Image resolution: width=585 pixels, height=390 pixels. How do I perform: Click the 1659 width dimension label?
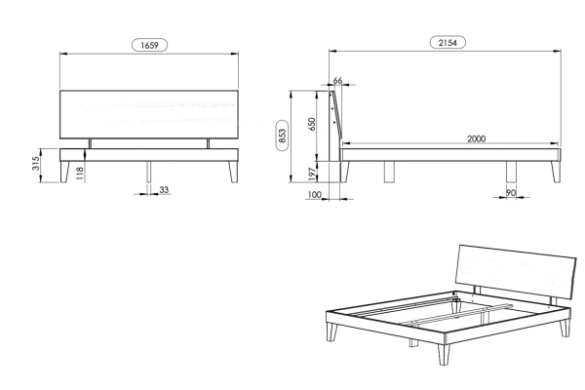tap(149, 45)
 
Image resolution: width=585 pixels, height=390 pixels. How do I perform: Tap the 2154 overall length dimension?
tap(448, 43)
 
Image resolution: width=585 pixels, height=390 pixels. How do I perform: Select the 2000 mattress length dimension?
tap(477, 138)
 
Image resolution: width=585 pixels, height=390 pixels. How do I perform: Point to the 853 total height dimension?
tap(282, 136)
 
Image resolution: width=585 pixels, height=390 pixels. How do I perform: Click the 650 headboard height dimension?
tap(312, 124)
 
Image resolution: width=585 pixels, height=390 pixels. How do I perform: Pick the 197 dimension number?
tap(312, 175)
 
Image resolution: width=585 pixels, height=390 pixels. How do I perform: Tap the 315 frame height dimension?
tap(35, 164)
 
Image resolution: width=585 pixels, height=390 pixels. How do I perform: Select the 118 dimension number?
tap(80, 174)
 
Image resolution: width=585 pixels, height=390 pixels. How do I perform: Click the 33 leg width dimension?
tap(164, 189)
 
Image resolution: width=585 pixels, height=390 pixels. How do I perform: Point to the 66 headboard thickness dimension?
tap(337, 80)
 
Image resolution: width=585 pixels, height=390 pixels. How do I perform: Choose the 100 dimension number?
tap(315, 194)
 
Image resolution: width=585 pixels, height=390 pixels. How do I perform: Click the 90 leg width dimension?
tap(511, 193)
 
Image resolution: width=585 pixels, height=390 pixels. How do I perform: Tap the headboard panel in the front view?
tap(149, 114)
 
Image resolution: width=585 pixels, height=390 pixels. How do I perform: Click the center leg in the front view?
tap(149, 172)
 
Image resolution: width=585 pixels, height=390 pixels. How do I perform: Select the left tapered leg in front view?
tap(65, 172)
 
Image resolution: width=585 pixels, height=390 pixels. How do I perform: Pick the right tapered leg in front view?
tap(233, 172)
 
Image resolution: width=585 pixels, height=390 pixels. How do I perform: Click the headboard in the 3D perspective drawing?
tap(516, 272)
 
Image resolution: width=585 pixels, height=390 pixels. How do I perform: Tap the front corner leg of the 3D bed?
tap(444, 355)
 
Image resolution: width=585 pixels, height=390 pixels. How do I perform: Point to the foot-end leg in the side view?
tap(556, 172)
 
